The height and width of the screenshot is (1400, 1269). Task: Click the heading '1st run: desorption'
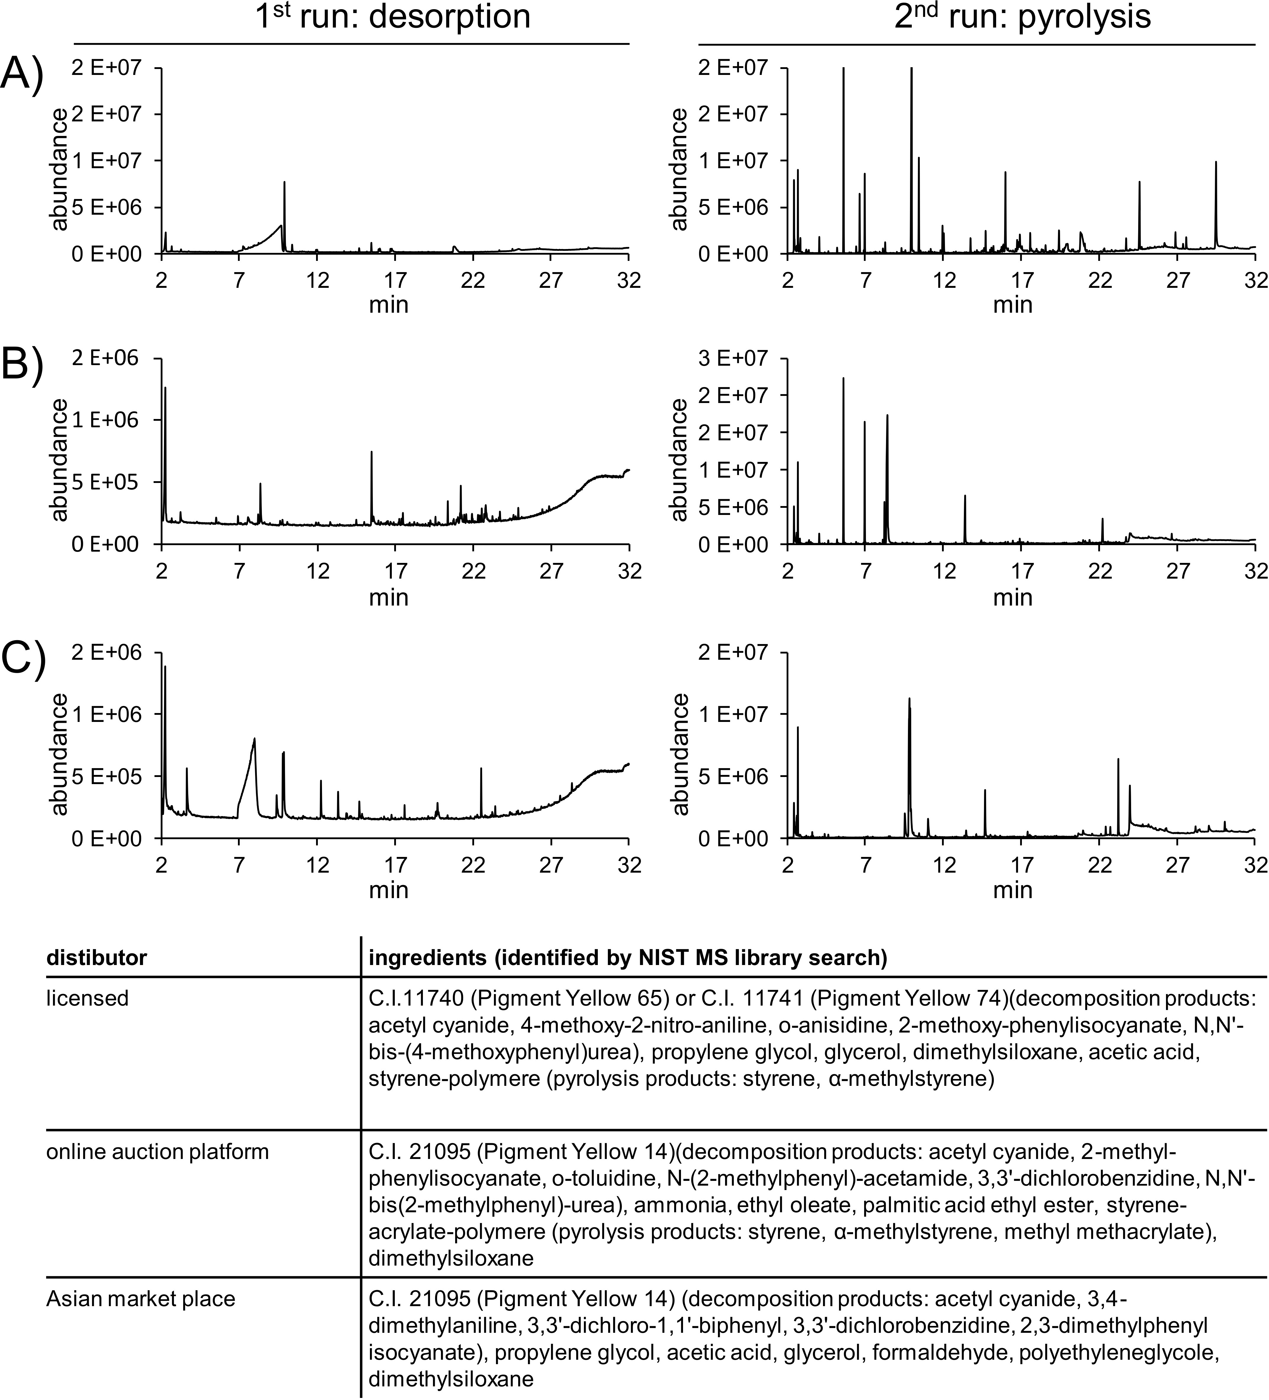(x=392, y=17)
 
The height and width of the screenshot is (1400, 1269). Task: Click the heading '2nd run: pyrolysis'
(x=1022, y=17)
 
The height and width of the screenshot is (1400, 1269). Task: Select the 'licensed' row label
(x=88, y=998)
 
